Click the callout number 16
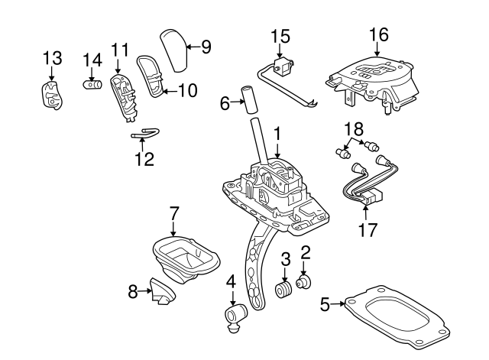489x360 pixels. [378, 34]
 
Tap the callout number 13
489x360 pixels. [51, 59]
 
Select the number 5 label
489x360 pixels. [324, 305]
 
